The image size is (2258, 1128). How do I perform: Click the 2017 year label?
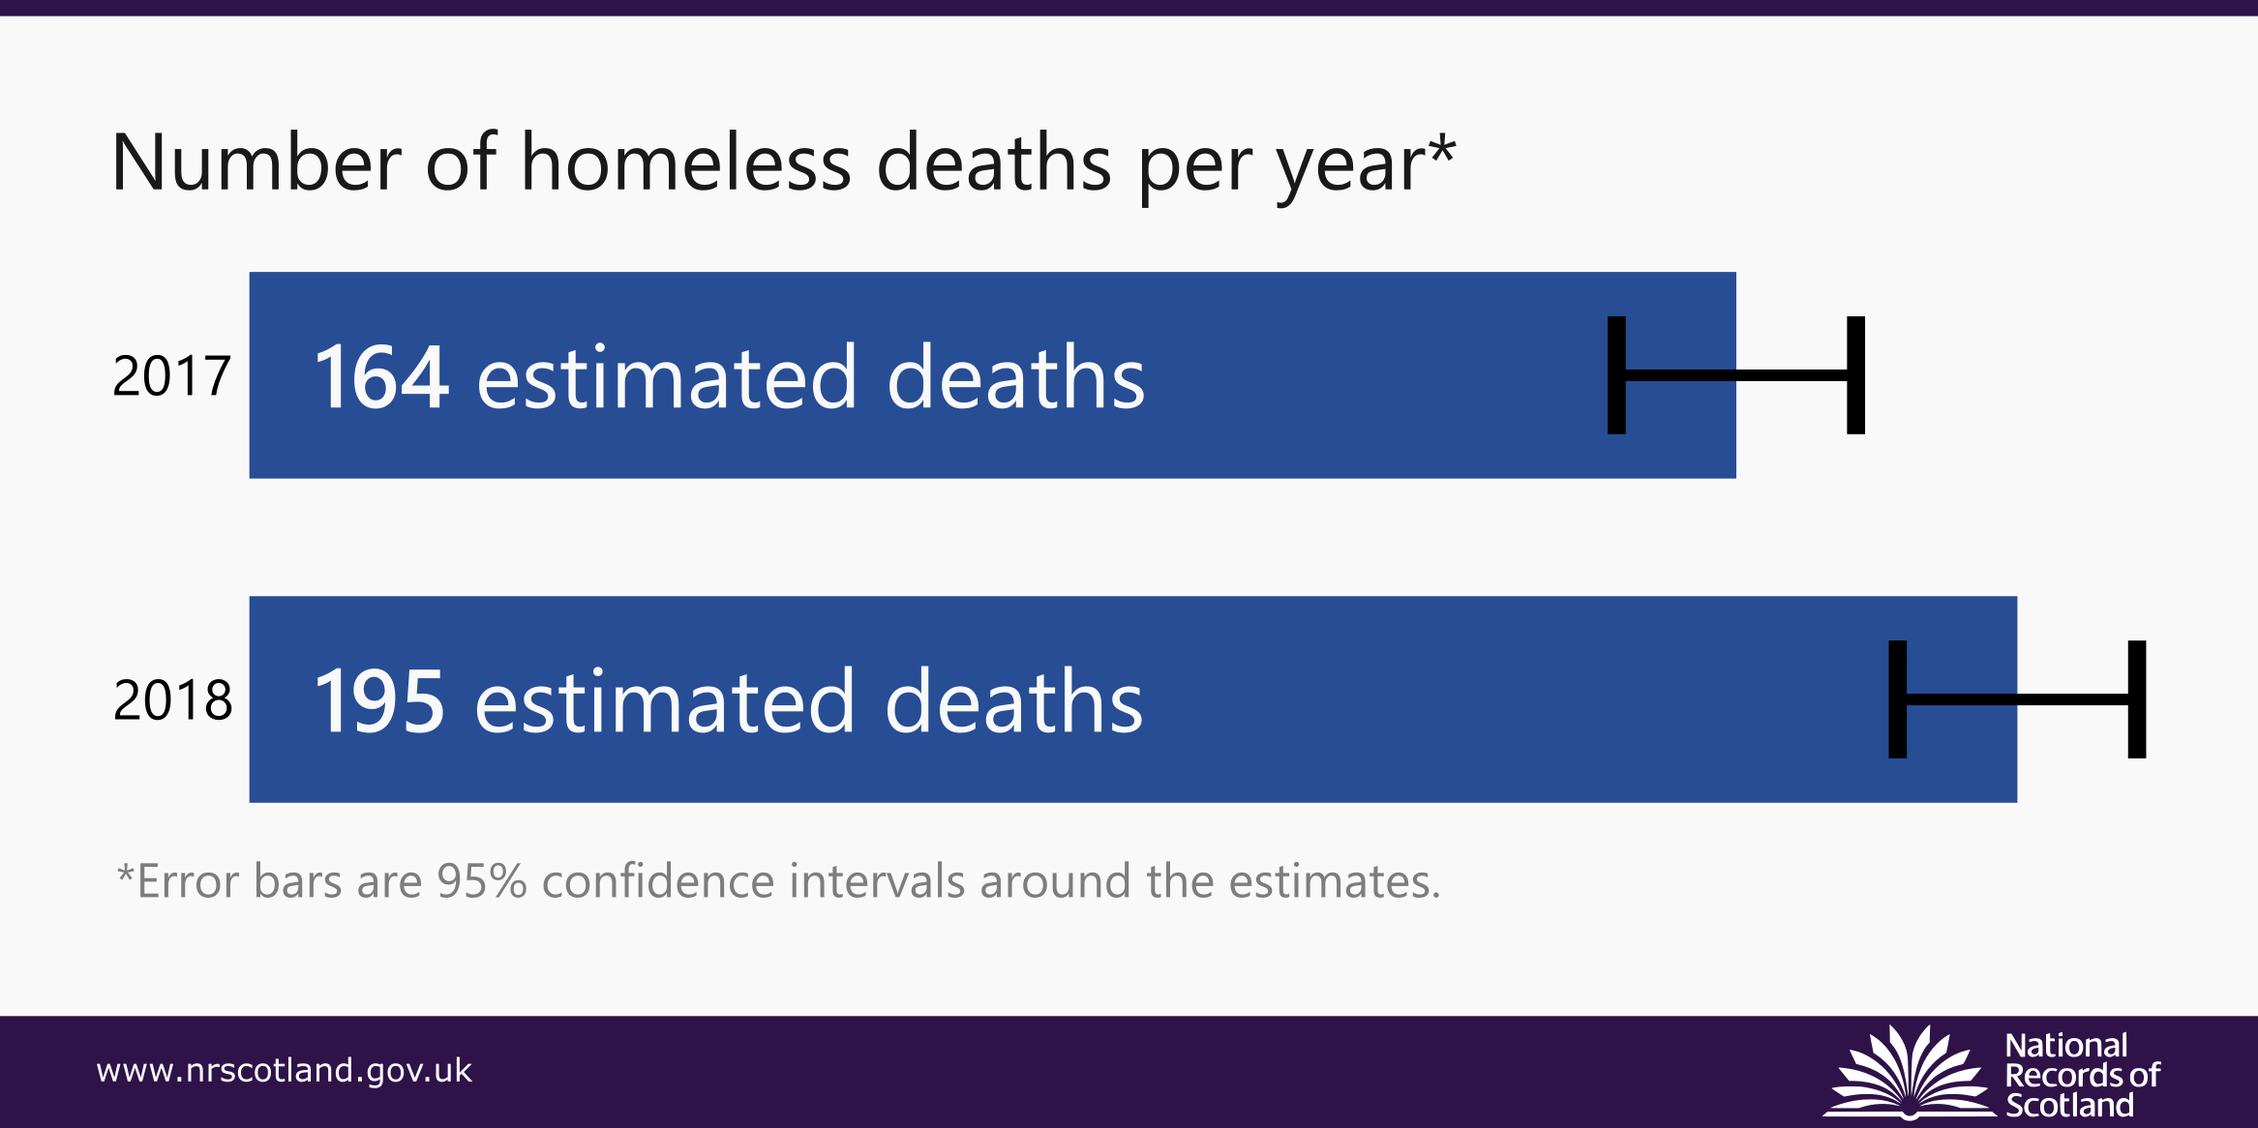click(171, 375)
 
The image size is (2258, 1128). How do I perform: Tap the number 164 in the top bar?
click(381, 377)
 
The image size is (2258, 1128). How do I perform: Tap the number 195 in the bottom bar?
click(380, 701)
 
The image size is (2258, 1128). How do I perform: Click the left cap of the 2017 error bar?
click(1616, 375)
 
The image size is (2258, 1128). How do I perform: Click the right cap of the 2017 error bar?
click(1855, 375)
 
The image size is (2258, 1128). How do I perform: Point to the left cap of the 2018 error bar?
click(1898, 699)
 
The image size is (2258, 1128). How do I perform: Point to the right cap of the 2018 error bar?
click(2137, 699)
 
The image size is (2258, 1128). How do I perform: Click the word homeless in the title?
click(687, 163)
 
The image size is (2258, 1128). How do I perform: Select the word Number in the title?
click(256, 163)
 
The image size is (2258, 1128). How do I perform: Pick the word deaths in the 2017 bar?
click(1015, 377)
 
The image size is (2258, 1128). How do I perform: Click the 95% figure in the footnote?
click(481, 881)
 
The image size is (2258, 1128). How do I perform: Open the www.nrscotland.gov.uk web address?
click(284, 1070)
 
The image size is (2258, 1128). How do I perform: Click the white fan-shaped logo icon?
click(1910, 1073)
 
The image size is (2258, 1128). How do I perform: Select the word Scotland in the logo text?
click(2069, 1105)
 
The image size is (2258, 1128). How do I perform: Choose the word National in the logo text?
click(2066, 1046)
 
